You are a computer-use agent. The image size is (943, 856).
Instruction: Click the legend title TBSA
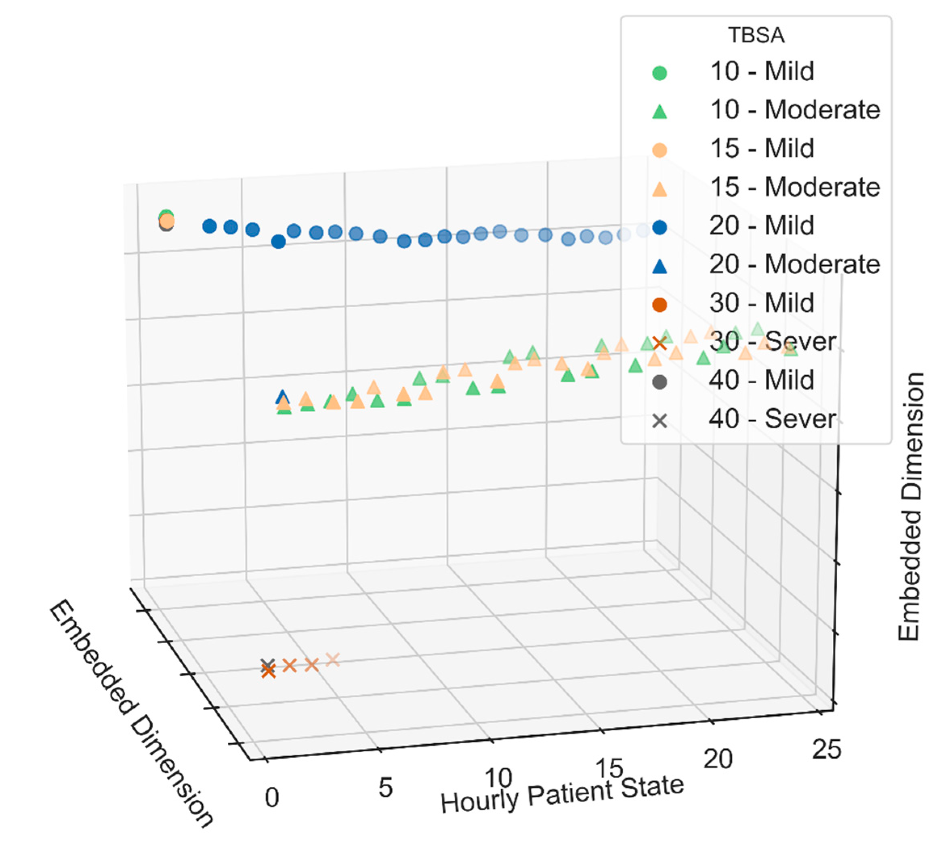(x=756, y=36)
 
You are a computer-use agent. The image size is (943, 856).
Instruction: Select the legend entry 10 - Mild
(x=762, y=71)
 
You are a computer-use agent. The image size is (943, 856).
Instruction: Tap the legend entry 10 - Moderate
(x=795, y=110)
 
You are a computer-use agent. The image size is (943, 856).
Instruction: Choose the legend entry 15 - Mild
(x=762, y=149)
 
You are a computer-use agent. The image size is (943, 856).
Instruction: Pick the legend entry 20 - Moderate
(x=795, y=265)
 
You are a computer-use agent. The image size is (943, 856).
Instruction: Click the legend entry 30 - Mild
(x=762, y=304)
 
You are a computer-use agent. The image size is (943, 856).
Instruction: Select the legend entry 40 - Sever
(x=772, y=420)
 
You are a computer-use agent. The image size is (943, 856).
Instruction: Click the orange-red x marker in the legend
(x=659, y=343)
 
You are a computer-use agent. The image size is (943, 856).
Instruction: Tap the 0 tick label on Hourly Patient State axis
(x=272, y=798)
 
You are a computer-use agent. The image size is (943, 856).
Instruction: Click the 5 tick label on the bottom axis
(x=385, y=788)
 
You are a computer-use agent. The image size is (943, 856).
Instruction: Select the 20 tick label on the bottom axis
(x=718, y=759)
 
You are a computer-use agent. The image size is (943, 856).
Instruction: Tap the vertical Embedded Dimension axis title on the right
(x=910, y=506)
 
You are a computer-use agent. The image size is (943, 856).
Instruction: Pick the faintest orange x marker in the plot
(x=333, y=659)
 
